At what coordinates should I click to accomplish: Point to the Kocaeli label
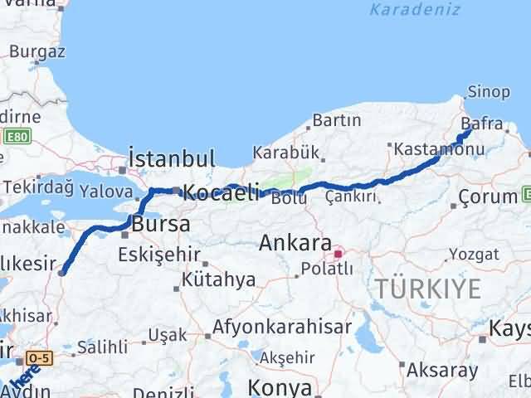click(221, 192)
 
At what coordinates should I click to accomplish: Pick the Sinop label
click(485, 92)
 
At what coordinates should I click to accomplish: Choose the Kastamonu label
click(428, 148)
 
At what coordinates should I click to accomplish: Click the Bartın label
click(337, 120)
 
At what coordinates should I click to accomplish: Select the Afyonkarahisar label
click(281, 326)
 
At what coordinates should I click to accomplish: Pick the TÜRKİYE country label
click(428, 289)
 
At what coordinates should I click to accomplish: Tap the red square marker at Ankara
click(338, 250)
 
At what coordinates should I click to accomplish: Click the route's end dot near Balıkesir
click(62, 269)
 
